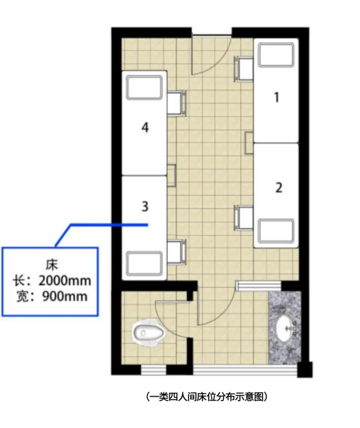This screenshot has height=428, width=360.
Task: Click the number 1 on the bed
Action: (x=277, y=98)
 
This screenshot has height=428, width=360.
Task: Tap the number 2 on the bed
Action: (x=279, y=188)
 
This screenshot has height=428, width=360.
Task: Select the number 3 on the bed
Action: (x=145, y=207)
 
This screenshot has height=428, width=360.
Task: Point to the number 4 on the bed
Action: (x=145, y=127)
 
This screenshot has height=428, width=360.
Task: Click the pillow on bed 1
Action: (x=276, y=55)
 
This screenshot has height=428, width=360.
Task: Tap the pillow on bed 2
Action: (x=276, y=231)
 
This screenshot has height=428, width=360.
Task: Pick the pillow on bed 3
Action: (x=144, y=264)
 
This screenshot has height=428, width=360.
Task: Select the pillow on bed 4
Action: (x=144, y=87)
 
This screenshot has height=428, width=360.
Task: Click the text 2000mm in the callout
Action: (x=65, y=280)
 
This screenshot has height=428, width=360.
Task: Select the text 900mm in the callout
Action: (x=65, y=297)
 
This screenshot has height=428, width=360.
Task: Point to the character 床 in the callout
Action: (x=51, y=265)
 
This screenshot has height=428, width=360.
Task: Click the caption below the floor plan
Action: (x=206, y=397)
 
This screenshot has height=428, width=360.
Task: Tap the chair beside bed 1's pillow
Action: (x=244, y=69)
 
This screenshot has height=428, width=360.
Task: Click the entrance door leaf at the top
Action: (x=193, y=55)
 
